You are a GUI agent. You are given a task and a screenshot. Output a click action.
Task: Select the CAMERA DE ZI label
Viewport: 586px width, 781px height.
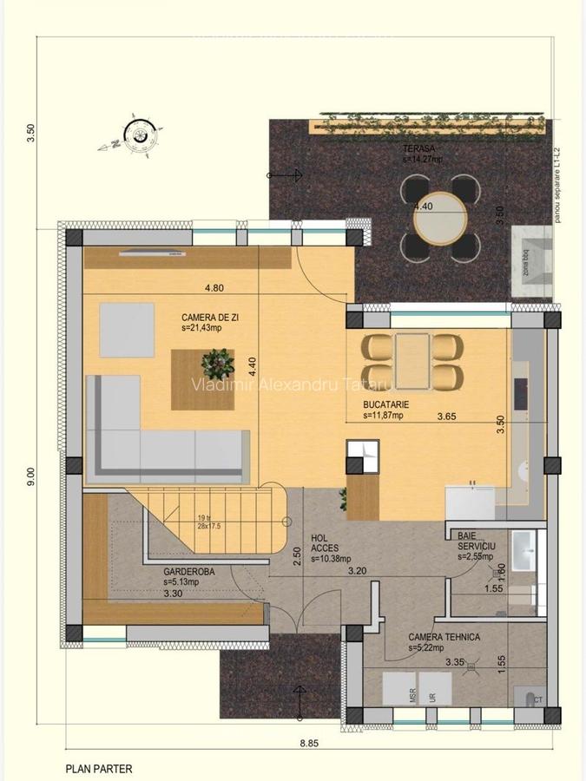(x=209, y=318)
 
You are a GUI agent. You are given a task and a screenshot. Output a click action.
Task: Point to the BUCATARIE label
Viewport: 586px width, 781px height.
(x=386, y=405)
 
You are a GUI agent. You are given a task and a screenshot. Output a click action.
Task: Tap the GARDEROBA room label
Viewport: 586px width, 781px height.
(x=188, y=572)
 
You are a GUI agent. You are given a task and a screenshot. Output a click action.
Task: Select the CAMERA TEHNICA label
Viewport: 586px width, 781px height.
(x=444, y=636)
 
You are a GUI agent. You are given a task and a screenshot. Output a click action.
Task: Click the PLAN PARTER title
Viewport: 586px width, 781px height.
(x=99, y=768)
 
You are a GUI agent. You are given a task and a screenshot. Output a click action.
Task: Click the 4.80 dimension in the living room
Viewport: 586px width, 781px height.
(x=214, y=288)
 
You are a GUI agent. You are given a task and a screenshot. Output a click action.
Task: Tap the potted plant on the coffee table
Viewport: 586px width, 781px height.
(x=215, y=358)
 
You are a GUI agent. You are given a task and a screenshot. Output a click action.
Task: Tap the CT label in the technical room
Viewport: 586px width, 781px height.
(x=538, y=699)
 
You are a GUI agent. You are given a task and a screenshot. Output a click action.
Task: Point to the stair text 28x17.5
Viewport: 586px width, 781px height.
(x=208, y=527)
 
